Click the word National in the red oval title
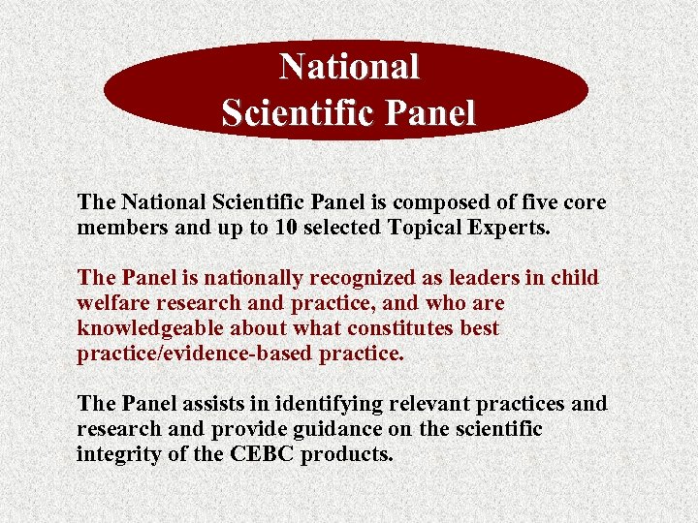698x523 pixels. coord(349,67)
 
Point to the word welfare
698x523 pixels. coord(115,303)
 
